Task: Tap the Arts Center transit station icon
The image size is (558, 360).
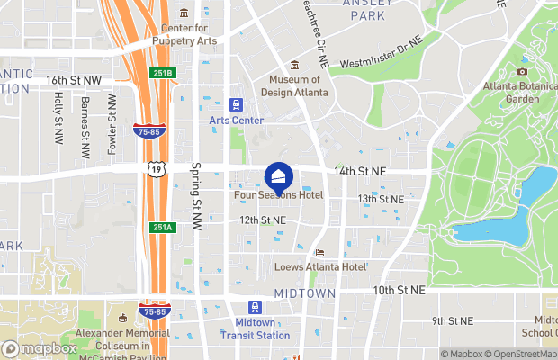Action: coord(238,104)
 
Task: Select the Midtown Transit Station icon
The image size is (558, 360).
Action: coord(255,307)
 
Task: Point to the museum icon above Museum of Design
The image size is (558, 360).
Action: coord(294,65)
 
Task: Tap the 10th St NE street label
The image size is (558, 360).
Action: coord(399,291)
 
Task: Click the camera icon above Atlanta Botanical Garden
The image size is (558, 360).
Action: coord(522,71)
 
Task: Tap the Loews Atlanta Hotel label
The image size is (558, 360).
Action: coord(319,267)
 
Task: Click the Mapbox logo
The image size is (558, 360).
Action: coord(40,348)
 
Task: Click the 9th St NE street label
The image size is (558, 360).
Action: coord(452,320)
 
